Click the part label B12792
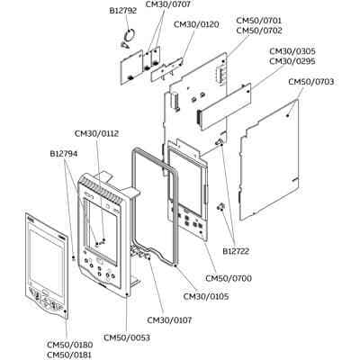(x=123, y=11)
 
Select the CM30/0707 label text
(x=168, y=4)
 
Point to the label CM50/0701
(x=259, y=21)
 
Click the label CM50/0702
(x=259, y=31)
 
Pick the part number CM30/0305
(x=292, y=51)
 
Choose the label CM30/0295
(x=292, y=61)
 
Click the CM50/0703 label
(x=311, y=82)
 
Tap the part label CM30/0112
(x=96, y=133)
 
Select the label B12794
(x=64, y=154)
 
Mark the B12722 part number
(x=236, y=251)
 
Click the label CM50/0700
(x=229, y=278)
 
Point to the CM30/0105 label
(x=206, y=297)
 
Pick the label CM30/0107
(x=169, y=320)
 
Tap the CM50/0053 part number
(x=127, y=337)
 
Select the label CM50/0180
(x=70, y=345)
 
